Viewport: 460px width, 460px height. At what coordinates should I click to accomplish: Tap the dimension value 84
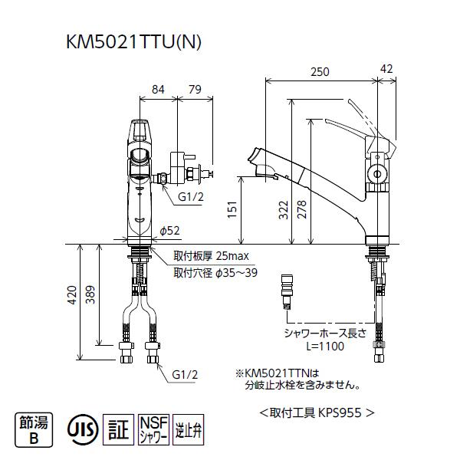click(x=158, y=90)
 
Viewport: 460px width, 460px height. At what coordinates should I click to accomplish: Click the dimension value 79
click(x=194, y=90)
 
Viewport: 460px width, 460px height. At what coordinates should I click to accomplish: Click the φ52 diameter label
click(x=169, y=231)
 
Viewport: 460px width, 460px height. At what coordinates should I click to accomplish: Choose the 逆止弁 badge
click(x=188, y=426)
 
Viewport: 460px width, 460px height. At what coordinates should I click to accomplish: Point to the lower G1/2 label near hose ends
click(x=185, y=375)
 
